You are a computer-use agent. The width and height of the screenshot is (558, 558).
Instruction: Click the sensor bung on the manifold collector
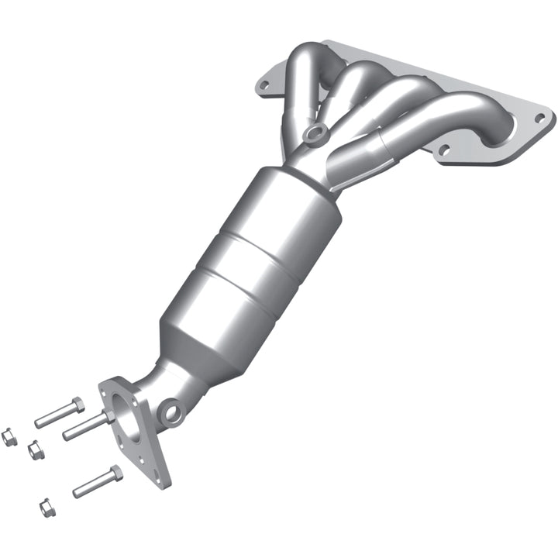click(x=313, y=134)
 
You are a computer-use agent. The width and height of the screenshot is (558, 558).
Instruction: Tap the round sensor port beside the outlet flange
click(x=172, y=411)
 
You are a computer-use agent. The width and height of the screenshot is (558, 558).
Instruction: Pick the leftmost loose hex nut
click(x=9, y=436)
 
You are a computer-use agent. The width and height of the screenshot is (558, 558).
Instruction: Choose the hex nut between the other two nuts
click(x=34, y=449)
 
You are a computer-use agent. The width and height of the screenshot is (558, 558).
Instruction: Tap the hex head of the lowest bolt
click(x=115, y=473)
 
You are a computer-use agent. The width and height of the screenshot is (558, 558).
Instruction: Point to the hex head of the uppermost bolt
click(x=75, y=405)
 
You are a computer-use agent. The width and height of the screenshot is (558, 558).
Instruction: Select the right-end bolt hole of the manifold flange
click(x=542, y=118)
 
